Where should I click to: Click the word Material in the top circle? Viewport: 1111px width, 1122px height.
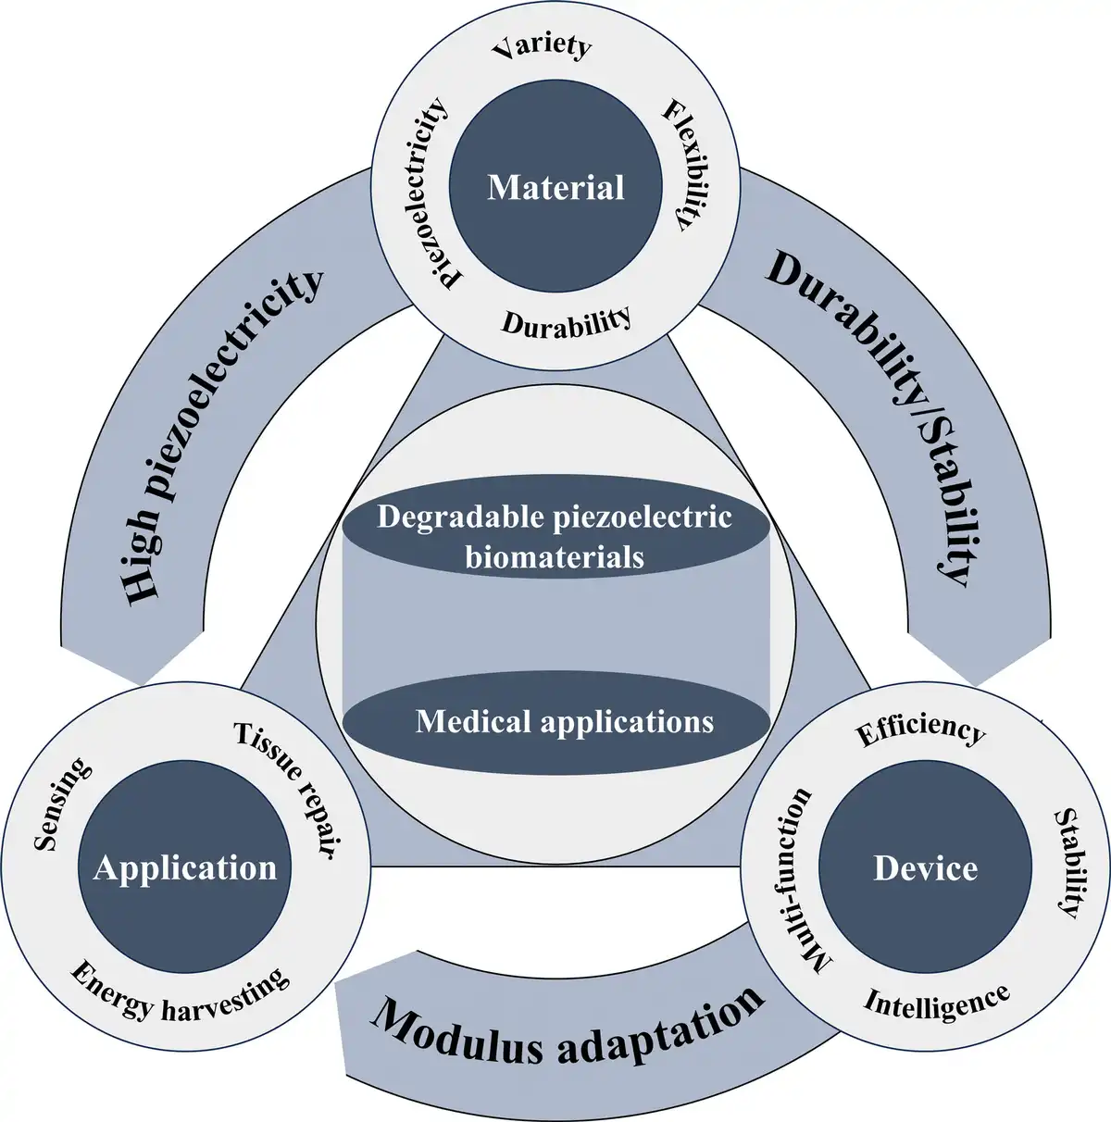point(555,188)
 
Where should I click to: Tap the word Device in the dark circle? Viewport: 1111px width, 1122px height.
point(926,868)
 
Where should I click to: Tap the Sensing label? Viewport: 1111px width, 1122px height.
point(62,804)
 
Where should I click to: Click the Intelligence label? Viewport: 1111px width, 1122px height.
point(937,1004)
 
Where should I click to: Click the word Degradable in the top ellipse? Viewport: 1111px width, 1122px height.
point(459,517)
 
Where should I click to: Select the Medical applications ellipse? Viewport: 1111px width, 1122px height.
point(556,723)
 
